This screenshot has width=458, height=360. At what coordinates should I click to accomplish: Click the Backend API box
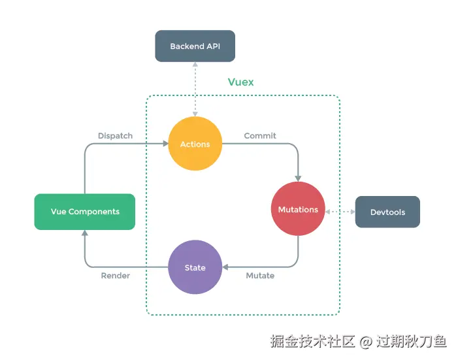pyautogui.click(x=194, y=46)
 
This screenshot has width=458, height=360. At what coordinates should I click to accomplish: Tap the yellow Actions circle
pyautogui.click(x=195, y=144)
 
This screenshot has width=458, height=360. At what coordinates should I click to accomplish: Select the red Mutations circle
pyautogui.click(x=298, y=209)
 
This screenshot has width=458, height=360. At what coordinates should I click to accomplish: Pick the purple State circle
pyautogui.click(x=195, y=267)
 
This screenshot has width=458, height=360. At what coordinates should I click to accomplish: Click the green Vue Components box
pyautogui.click(x=85, y=212)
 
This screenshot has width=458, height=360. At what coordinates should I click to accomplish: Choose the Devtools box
pyautogui.click(x=387, y=212)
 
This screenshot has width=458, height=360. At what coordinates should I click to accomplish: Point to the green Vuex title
pyautogui.click(x=240, y=82)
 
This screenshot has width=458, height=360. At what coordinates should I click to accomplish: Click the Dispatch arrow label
pyautogui.click(x=115, y=136)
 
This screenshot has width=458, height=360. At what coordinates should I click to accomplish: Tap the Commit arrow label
pyautogui.click(x=260, y=136)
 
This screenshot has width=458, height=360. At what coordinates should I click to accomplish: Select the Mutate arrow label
pyautogui.click(x=260, y=276)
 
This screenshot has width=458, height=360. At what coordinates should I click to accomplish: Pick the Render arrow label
pyautogui.click(x=115, y=276)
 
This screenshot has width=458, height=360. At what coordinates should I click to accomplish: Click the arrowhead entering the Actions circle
pyautogui.click(x=165, y=144)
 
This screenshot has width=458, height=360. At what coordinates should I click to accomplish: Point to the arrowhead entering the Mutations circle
pyautogui.click(x=299, y=178)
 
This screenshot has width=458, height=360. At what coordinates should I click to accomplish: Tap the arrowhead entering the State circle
pyautogui.click(x=225, y=267)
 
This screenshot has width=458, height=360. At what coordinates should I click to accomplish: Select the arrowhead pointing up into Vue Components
pyautogui.click(x=85, y=233)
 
